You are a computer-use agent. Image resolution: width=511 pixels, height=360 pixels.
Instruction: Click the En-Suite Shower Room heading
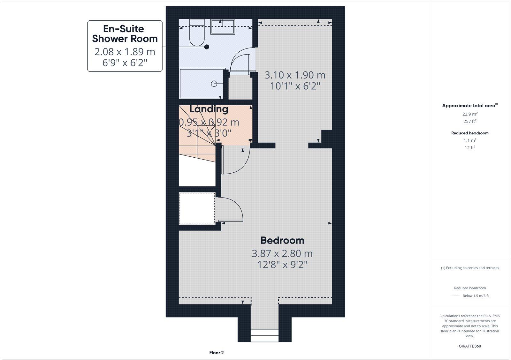[125, 34]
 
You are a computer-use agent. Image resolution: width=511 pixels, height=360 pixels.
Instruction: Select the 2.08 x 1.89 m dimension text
[125, 51]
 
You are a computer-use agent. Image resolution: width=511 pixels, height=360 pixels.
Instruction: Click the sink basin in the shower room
[223, 26]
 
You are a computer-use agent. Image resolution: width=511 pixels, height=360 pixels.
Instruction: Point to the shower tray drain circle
[214, 84]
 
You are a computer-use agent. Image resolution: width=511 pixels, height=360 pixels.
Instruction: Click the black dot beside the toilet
[207, 47]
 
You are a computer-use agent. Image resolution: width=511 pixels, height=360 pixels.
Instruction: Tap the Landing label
[209, 109]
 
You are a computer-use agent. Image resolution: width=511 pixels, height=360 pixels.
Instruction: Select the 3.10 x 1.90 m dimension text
[295, 75]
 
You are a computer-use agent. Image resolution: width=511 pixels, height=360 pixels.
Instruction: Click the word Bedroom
[282, 240]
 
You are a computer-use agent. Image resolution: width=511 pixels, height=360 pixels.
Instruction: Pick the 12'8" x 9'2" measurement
[282, 265]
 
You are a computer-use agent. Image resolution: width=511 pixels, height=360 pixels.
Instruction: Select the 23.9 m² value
[470, 114]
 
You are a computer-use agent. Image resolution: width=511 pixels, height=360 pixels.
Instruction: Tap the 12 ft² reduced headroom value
[470, 148]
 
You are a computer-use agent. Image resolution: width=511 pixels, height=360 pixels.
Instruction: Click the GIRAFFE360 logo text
[470, 346]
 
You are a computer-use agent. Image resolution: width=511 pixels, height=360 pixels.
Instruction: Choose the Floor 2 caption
[216, 353]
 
